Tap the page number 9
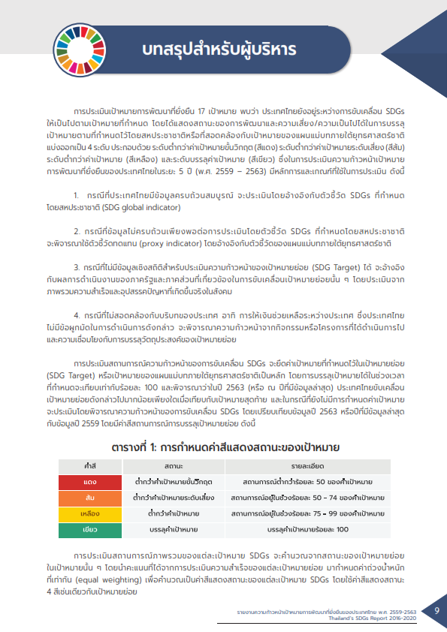[x=436, y=610]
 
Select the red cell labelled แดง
[x=89, y=481]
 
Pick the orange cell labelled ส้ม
[x=89, y=498]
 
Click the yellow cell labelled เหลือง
[x=89, y=514]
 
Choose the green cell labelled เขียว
[x=89, y=530]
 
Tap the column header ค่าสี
[x=89, y=467]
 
